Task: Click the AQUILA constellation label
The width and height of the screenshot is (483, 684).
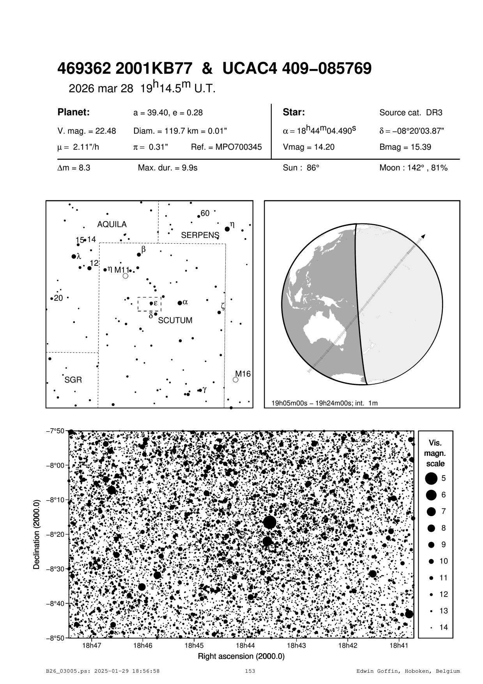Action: coord(112,224)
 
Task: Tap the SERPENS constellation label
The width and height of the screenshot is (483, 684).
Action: coord(200,235)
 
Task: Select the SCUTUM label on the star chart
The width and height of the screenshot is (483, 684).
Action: coord(175,321)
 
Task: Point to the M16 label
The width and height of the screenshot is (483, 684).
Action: coord(242,374)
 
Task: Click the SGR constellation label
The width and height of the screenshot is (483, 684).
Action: coord(73,380)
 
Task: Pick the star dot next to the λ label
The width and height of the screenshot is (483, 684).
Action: coord(74,256)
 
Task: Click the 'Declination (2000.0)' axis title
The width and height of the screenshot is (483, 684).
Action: coord(37,534)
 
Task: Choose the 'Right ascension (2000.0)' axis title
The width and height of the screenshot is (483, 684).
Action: coord(241,656)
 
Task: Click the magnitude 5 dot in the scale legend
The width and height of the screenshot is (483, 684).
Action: coord(431,478)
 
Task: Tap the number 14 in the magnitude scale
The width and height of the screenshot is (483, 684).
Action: coord(444,627)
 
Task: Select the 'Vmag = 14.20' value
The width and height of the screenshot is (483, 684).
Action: coord(308,147)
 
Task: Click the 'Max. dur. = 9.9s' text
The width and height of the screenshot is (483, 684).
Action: coord(168,168)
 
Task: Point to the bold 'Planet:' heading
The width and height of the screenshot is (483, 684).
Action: coord(74,112)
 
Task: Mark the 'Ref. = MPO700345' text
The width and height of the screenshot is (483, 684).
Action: coord(226,147)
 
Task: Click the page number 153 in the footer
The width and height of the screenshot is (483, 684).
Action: coord(250,671)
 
